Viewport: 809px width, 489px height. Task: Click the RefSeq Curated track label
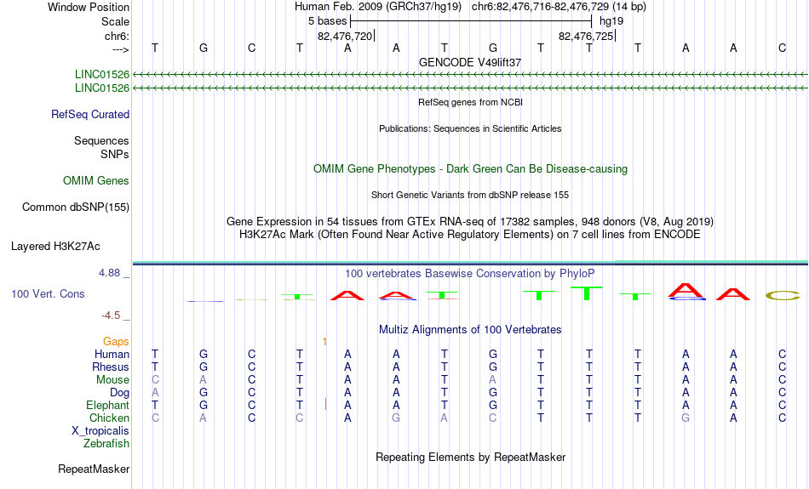90,115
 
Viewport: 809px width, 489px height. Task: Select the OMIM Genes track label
96,181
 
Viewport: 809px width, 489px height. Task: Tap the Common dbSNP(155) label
76,208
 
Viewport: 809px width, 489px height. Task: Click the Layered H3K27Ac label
55,247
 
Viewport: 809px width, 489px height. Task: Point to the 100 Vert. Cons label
48,293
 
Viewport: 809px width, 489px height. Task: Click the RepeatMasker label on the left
94,469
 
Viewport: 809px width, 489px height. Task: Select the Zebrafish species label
106,443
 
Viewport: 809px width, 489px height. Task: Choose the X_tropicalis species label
100,431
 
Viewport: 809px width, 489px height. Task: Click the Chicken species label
109,418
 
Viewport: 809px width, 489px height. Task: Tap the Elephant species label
108,406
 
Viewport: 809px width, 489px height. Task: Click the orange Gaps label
116,342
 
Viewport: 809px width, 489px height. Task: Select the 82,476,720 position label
345,36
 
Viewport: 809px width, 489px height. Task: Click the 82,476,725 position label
586,36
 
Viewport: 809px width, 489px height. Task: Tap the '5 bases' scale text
328,21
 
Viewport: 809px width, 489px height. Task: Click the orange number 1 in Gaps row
324,342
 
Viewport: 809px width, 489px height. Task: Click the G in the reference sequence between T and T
493,48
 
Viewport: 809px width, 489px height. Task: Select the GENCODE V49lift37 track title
470,62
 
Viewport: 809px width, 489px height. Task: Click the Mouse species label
112,380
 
